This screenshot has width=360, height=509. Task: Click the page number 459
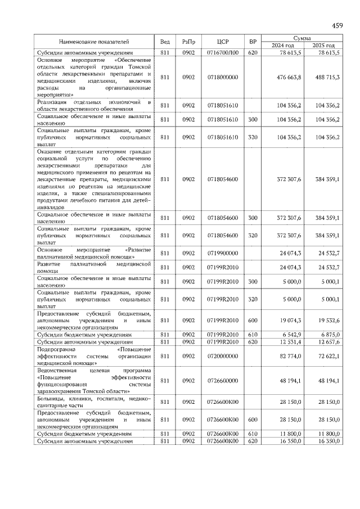pyautogui.click(x=337, y=25)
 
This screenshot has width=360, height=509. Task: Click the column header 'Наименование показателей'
pyautogui.click(x=94, y=42)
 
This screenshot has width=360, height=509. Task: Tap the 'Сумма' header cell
pyautogui.click(x=303, y=37)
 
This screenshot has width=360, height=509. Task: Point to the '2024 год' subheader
pyautogui.click(x=283, y=46)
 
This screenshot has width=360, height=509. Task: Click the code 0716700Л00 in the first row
pyautogui.click(x=223, y=52)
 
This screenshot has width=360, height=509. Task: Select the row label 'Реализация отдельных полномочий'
pyautogui.click(x=94, y=105)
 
